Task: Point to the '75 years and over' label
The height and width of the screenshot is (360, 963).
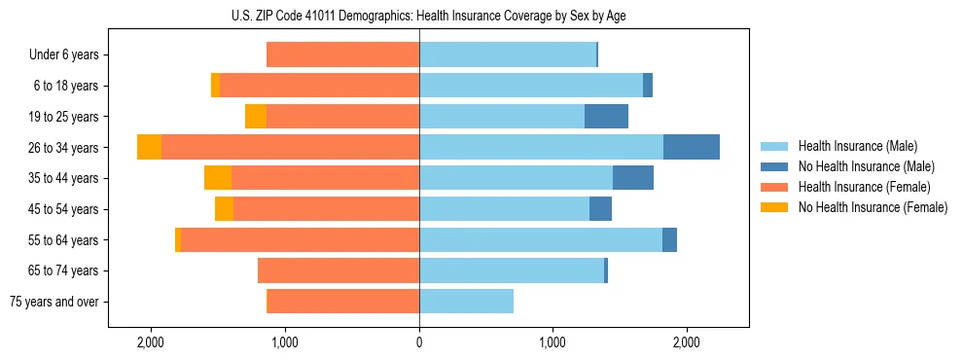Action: [54, 302]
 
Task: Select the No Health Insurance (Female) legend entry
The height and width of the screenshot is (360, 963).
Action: [873, 207]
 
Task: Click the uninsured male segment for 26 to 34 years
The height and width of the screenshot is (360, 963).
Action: [692, 147]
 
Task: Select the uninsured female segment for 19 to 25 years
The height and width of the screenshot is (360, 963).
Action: [256, 117]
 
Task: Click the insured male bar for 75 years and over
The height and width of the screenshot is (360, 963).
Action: [466, 302]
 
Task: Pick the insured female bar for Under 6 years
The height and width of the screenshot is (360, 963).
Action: [342, 55]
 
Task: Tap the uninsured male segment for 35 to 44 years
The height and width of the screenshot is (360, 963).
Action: [633, 178]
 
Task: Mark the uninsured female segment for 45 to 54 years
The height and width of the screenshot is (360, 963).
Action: [225, 209]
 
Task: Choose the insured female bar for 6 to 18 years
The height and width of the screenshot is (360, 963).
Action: [319, 86]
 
